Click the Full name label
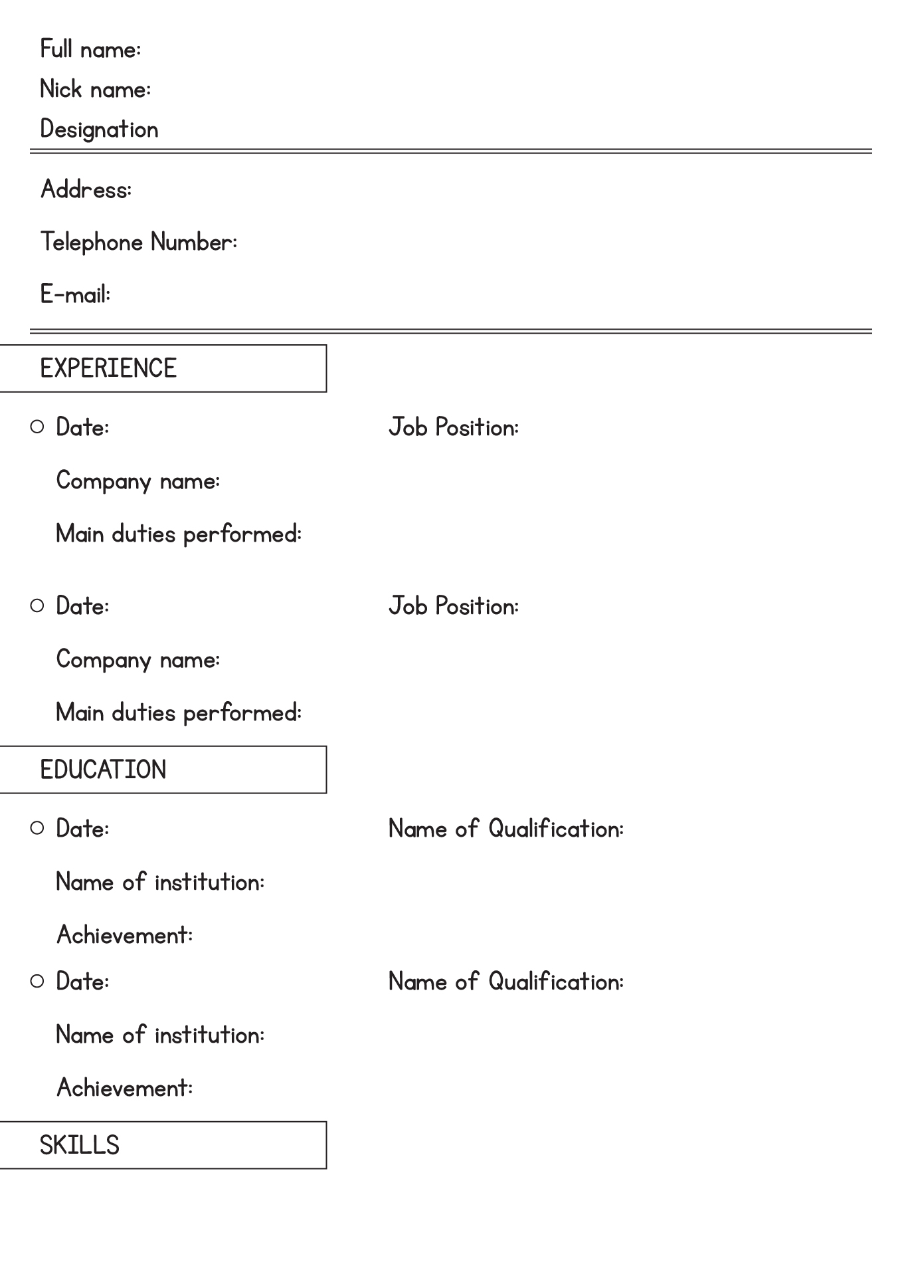click(x=90, y=49)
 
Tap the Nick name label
click(x=96, y=89)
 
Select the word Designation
click(x=100, y=130)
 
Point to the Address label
click(x=86, y=189)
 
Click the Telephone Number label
click(x=139, y=242)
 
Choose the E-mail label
click(x=76, y=294)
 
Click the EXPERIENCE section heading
click(x=108, y=368)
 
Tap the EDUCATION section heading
click(x=103, y=770)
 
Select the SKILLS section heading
click(x=80, y=1145)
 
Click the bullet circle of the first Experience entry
click(x=37, y=427)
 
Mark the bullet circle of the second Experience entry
click(x=37, y=605)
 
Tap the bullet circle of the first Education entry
click(x=37, y=828)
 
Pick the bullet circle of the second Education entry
click(x=37, y=981)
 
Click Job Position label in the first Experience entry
click(x=454, y=427)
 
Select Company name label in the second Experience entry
click(x=138, y=660)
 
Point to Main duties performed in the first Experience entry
click(x=179, y=534)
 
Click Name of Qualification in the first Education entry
click(x=506, y=829)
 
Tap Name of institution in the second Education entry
click(x=161, y=1035)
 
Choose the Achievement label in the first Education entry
click(x=125, y=935)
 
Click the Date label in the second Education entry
click(x=83, y=982)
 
